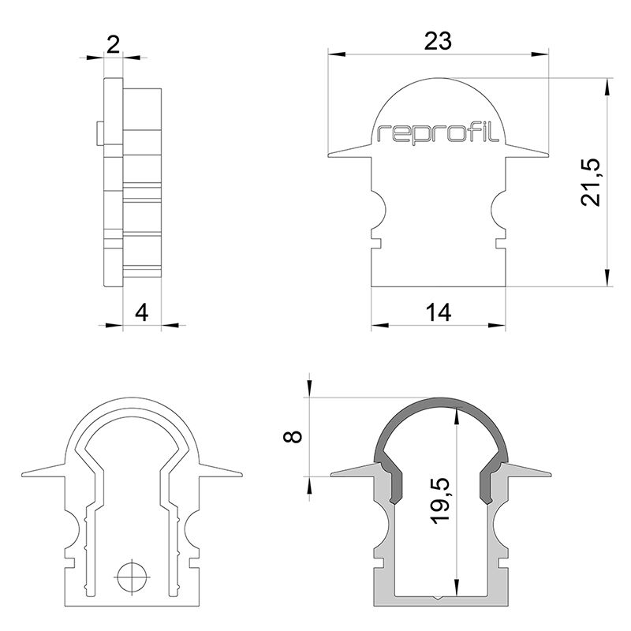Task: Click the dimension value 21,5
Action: click(x=592, y=182)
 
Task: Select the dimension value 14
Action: click(x=438, y=312)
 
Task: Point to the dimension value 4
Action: click(x=141, y=312)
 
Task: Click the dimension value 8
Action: click(x=293, y=436)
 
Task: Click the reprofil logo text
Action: click(x=439, y=133)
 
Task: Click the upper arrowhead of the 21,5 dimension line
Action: click(x=607, y=86)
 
